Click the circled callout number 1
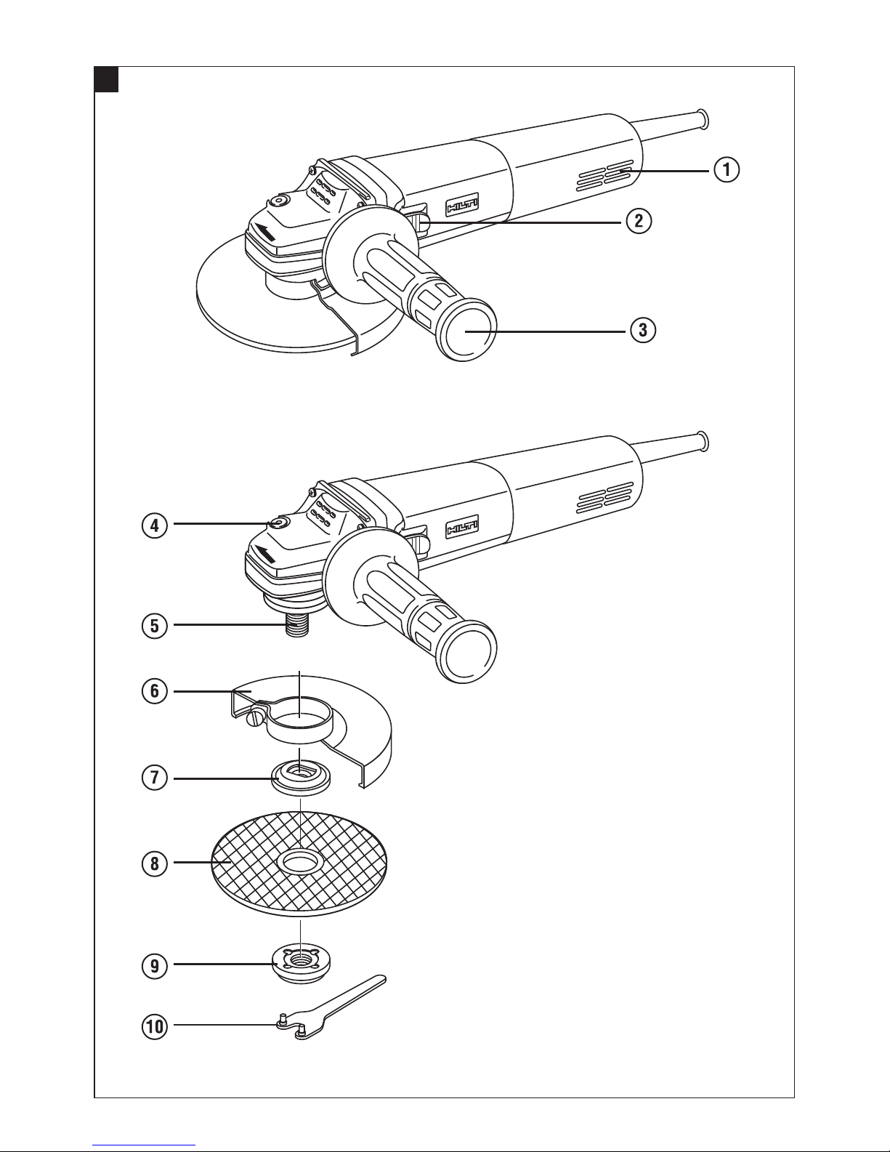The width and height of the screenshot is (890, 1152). coord(727,169)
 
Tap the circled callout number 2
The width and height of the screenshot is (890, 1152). coord(639,220)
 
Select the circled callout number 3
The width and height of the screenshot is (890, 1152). coord(642,330)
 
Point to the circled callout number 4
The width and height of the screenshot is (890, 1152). coord(155,525)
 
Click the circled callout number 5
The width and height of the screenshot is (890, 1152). coord(155,626)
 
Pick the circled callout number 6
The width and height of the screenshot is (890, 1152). coord(155,691)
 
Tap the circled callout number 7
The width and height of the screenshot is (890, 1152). coord(155,778)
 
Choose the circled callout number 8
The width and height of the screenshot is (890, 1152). coord(155,863)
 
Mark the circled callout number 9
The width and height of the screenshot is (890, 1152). coord(155,966)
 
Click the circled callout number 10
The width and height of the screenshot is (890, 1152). coord(155,1027)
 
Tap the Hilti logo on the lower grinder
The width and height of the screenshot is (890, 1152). coord(462,527)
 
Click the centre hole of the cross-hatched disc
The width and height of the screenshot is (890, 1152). coord(299,863)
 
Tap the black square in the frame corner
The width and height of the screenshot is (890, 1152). coord(106,79)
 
